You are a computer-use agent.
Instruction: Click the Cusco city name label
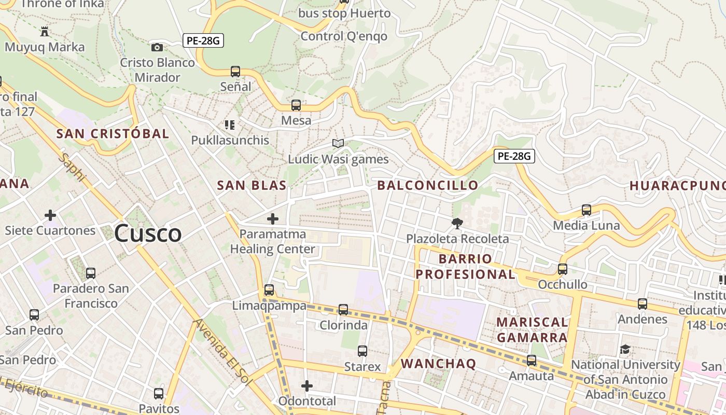[148, 233]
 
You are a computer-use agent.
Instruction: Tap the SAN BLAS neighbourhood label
[252, 185]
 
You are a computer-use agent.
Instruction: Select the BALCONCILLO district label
[428, 185]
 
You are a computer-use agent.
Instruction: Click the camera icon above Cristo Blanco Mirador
[157, 47]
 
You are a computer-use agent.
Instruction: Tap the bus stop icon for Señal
[235, 72]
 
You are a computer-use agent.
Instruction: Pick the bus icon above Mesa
[296, 105]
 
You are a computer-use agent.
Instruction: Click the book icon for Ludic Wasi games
[338, 143]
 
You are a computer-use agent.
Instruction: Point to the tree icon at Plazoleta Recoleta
[457, 224]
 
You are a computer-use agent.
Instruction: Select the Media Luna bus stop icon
[587, 210]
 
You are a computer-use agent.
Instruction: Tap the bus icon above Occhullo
[563, 269]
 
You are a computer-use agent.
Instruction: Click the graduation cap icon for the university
[625, 349]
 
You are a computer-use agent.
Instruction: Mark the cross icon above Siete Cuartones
[50, 215]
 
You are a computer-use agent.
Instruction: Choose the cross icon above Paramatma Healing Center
[272, 219]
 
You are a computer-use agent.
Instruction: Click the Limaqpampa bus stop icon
[269, 290]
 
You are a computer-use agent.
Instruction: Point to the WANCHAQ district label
[438, 364]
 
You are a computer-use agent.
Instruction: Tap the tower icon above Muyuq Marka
[45, 32]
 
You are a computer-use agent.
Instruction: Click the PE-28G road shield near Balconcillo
[514, 156]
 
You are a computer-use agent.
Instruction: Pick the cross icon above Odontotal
[307, 386]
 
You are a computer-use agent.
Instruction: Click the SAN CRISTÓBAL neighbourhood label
[113, 133]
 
